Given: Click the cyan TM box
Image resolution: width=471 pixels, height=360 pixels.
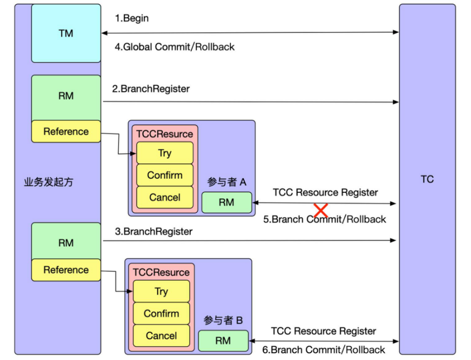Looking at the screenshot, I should point(66,33).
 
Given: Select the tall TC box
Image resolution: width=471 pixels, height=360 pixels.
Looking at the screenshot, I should point(427,179).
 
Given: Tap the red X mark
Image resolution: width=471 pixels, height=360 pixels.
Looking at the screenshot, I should point(320,211).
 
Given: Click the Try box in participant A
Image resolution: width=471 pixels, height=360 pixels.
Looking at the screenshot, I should point(165,153).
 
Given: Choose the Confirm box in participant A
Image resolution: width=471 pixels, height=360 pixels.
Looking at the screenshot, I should point(165,175).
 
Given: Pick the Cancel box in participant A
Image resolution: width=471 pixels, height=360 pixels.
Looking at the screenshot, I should point(165,197).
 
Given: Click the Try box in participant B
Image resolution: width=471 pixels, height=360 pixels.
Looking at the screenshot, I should point(161,291).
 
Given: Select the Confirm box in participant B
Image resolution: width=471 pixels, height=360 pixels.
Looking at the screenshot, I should point(161,313).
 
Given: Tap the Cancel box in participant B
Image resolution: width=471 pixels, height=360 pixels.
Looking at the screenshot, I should point(161,335).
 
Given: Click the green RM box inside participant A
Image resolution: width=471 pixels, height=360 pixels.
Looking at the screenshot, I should point(226,203).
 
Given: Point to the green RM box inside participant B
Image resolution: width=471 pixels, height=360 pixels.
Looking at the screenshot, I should point(223,341).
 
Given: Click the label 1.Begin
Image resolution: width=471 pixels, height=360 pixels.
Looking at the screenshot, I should point(131,18).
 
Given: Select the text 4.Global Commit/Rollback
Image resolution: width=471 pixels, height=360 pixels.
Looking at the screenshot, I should point(174,47).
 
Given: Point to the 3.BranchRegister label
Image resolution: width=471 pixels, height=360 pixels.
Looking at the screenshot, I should point(154,232).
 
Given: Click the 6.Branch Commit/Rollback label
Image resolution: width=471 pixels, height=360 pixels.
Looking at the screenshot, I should point(324,350).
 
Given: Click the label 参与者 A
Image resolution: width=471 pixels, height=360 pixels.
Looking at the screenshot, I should point(227,182).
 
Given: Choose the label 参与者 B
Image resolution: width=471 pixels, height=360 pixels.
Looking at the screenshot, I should point(223,320).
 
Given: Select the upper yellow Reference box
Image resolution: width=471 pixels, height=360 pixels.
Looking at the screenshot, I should point(66,131).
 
